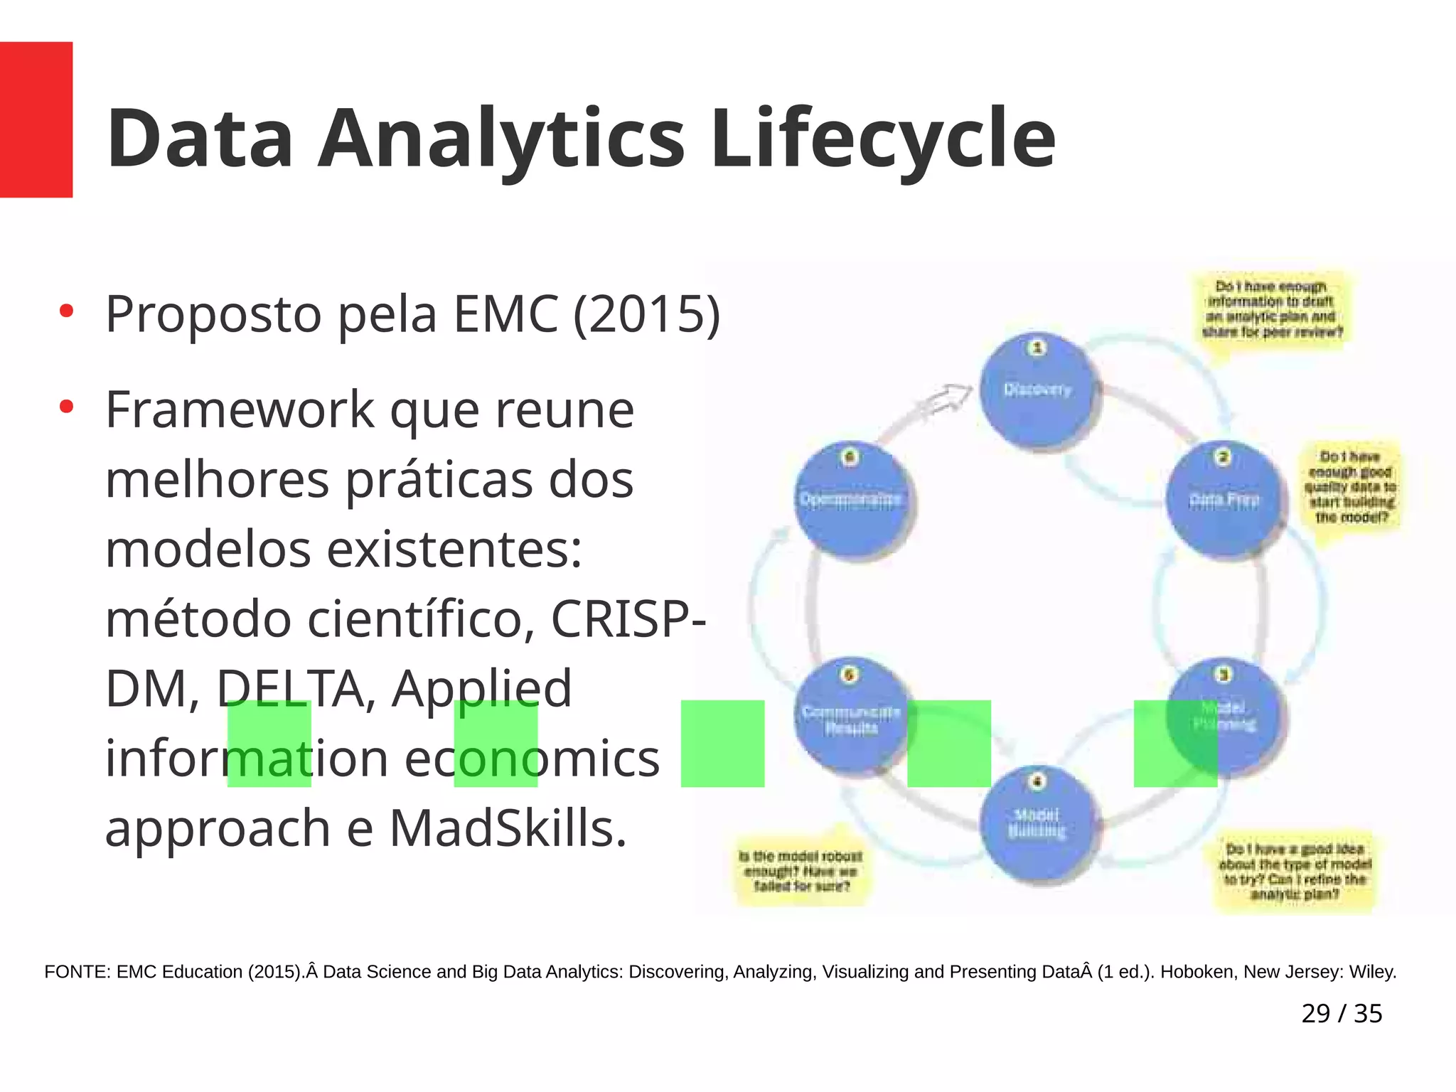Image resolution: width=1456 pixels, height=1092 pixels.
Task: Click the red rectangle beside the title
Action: (36, 119)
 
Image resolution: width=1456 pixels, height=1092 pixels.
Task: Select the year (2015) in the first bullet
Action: (646, 314)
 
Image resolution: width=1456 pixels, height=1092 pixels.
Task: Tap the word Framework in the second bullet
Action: (240, 410)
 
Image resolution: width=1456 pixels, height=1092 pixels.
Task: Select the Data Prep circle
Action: (1224, 500)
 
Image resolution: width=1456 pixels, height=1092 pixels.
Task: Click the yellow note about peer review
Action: (1271, 309)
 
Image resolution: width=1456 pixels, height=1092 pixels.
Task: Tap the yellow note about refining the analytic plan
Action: (1294, 872)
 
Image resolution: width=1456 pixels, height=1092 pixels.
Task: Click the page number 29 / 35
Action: (1341, 1013)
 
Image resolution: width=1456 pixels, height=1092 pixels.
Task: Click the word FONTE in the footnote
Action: (77, 972)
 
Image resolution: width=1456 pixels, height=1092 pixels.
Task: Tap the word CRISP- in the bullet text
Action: (628, 619)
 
